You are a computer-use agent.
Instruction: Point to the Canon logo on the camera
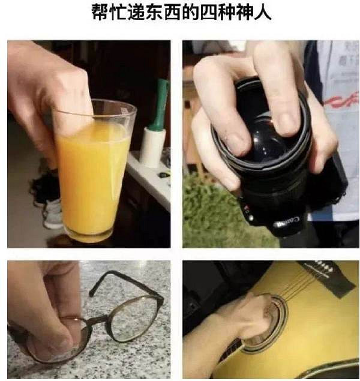287,222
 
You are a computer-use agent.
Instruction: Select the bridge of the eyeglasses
101,320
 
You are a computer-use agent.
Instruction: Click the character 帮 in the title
101,12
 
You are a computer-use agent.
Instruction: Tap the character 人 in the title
262,12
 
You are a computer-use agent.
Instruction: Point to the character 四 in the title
209,12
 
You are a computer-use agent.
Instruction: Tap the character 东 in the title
154,12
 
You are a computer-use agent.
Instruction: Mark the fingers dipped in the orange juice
73,116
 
